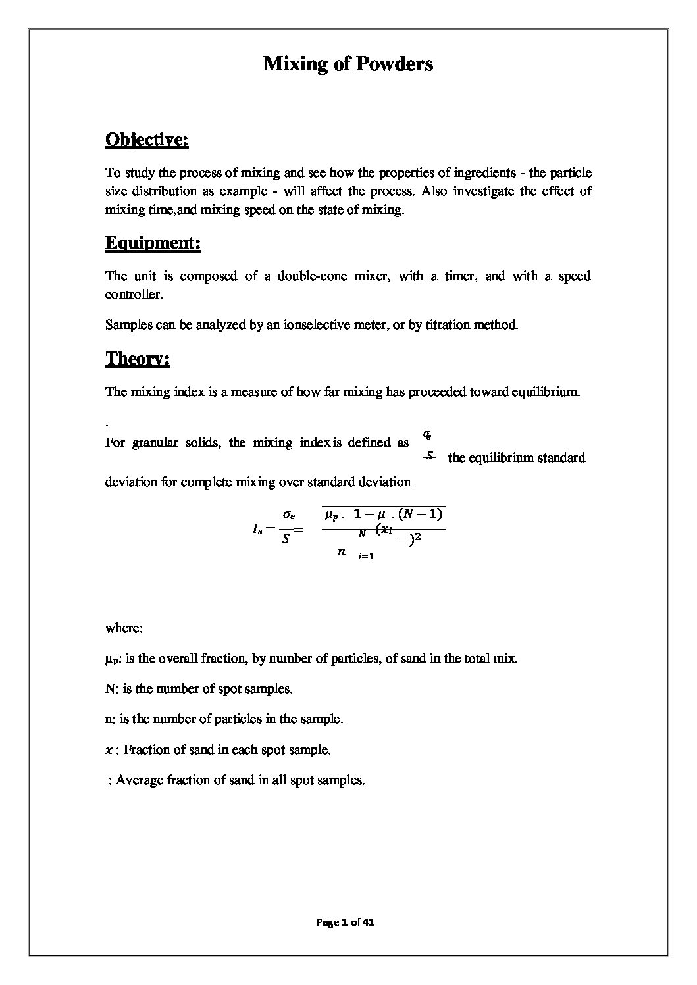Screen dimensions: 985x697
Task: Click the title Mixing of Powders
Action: pos(348,64)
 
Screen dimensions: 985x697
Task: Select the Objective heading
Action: pos(147,140)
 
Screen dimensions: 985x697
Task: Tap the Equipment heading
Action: pos(153,243)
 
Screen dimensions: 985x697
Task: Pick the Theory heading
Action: pos(138,359)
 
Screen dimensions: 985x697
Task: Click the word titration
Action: pos(449,325)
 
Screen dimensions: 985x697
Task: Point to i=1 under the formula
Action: pos(366,557)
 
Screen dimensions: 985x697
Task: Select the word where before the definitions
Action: pos(124,628)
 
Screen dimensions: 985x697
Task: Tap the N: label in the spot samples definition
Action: pos(111,689)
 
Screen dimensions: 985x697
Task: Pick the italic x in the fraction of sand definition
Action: pos(109,750)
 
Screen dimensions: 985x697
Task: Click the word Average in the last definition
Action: pos(139,780)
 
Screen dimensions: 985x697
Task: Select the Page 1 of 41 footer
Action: pos(346,922)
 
